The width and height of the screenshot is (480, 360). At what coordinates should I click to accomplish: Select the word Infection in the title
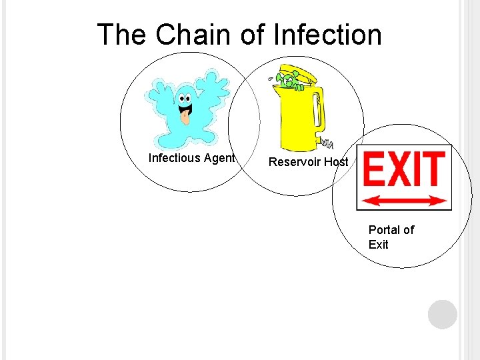327,35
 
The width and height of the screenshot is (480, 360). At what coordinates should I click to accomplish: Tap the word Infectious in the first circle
174,158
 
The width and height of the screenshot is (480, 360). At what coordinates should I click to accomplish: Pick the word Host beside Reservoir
336,162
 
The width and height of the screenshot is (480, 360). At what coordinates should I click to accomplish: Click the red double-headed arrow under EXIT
403,199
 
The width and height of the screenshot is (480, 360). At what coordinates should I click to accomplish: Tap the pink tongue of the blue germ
185,119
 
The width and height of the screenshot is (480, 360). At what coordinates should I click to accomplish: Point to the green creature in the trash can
288,81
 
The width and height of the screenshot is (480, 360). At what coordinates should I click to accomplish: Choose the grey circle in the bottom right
443,315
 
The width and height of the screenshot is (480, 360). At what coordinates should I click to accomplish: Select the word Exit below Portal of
378,245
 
